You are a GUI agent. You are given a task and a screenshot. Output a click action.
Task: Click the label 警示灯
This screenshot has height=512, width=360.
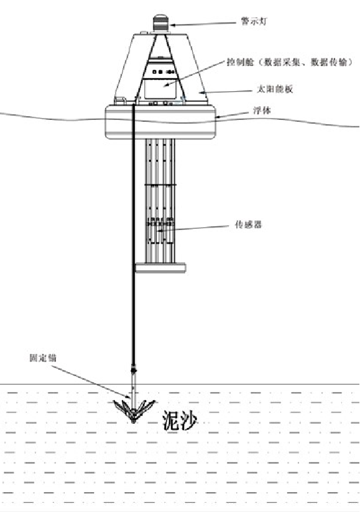(254, 21)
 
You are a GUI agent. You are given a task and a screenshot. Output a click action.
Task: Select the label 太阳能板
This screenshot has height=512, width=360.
(275, 89)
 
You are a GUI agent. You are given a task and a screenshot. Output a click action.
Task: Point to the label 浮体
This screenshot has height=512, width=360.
(262, 111)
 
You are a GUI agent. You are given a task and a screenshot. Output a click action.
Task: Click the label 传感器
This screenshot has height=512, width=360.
(248, 224)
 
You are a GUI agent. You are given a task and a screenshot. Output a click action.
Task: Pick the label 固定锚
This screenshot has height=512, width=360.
(43, 358)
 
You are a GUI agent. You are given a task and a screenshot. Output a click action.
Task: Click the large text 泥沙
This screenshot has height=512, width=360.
(180, 420)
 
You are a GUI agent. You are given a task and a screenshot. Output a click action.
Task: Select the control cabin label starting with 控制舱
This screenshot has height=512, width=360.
(290, 62)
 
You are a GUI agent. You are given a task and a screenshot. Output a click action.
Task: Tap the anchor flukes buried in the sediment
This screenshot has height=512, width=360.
(134, 411)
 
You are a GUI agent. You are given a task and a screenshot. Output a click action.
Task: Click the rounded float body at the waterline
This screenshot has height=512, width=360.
(160, 122)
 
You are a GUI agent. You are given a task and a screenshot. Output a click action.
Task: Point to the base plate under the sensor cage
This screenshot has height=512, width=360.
(161, 268)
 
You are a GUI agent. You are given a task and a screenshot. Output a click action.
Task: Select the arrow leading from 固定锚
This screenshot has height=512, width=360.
(91, 382)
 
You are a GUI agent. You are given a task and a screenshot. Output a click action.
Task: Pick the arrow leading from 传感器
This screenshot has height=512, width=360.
(193, 228)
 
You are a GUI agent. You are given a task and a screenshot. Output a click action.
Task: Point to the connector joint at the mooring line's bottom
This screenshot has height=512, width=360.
(133, 370)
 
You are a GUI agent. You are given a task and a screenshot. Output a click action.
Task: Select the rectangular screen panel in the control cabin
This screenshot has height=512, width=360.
(160, 88)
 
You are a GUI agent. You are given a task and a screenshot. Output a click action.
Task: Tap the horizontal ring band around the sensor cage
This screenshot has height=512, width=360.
(160, 185)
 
